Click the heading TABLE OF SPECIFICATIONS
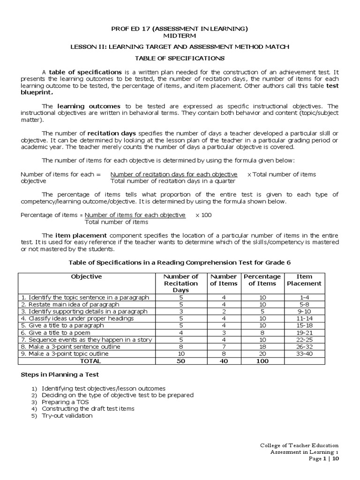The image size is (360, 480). [x=180, y=58]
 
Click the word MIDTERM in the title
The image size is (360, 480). [x=180, y=35]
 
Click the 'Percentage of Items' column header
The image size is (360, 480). [x=262, y=280]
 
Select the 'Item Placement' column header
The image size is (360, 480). [x=304, y=280]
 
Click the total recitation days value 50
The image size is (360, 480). [x=180, y=361]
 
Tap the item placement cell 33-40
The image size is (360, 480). [x=304, y=353]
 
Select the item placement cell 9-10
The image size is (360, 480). [x=304, y=311]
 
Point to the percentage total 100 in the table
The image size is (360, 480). [x=262, y=361]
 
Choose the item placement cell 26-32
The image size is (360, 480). [x=304, y=346]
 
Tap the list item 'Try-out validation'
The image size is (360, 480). [x=67, y=415]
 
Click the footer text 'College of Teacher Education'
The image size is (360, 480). [x=299, y=445]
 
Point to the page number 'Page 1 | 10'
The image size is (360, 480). [x=323, y=459]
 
